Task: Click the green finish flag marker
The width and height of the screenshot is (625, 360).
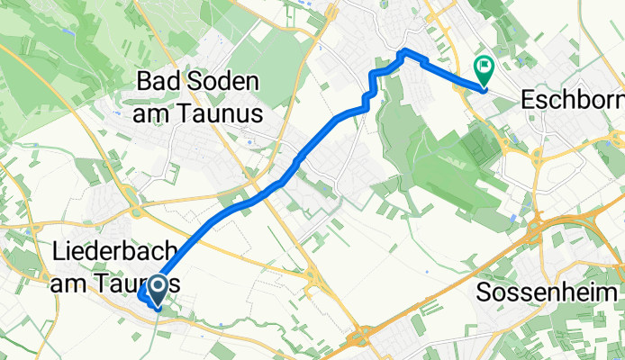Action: point(485,67)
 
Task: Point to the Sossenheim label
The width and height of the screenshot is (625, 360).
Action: point(548,294)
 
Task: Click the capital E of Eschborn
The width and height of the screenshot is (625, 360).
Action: point(530,97)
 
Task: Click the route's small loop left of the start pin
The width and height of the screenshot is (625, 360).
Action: point(144,295)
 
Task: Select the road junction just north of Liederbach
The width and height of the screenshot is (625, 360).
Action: point(137,212)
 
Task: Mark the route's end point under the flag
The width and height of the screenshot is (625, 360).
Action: point(484,87)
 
